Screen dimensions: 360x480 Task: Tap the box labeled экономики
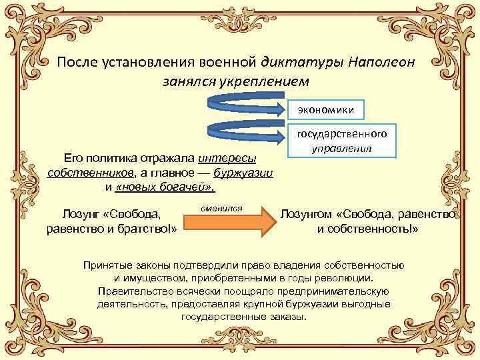click(331, 109)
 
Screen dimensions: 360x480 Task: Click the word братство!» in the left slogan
click(146, 229)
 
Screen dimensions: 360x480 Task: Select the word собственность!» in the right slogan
click(376, 229)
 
